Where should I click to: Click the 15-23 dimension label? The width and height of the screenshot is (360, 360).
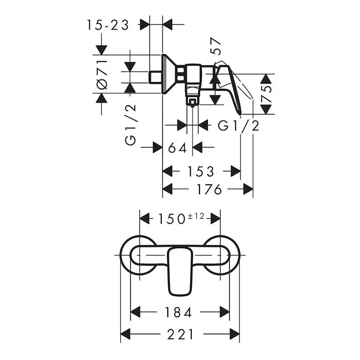point(108,25)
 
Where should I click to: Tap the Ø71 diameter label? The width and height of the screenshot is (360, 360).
point(102,75)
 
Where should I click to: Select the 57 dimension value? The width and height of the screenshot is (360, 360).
point(216,46)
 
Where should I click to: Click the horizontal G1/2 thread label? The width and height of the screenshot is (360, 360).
point(239,126)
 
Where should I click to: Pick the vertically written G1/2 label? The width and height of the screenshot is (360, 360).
point(130,125)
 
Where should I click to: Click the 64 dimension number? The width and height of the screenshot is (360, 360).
point(177,148)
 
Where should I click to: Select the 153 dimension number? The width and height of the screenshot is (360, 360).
point(201,171)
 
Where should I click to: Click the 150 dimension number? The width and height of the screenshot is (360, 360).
point(172,219)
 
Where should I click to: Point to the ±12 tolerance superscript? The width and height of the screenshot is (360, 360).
point(196,216)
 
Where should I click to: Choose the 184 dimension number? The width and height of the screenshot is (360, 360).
point(178,313)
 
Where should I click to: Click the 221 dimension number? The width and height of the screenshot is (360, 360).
point(180,334)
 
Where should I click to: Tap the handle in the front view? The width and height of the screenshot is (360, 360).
point(180,271)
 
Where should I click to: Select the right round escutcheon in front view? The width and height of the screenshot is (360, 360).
point(221,255)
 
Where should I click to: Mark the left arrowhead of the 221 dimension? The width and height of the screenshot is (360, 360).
point(125,334)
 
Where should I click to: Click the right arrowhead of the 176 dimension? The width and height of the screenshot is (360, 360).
point(248,189)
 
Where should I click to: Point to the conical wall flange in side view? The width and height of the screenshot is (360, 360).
point(169,74)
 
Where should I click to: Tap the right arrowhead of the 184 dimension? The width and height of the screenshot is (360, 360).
point(224,312)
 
